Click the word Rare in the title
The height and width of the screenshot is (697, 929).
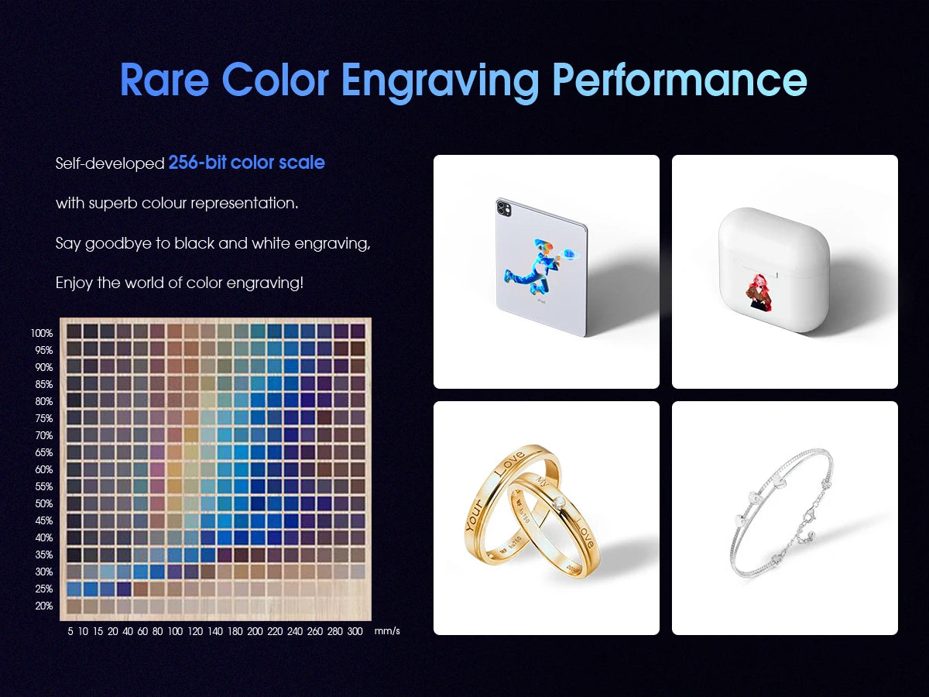pos(164,81)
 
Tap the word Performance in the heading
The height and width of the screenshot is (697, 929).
pos(679,81)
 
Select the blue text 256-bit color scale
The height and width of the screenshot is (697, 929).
pos(246,163)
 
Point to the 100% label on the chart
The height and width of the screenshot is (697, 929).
pos(42,333)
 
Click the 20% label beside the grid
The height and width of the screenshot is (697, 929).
pos(43,606)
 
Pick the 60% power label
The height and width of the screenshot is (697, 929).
pos(43,469)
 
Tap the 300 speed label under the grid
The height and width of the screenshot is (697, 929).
pos(355,632)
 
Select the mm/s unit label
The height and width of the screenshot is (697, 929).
pos(387,632)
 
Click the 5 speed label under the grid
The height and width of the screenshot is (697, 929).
pos(70,632)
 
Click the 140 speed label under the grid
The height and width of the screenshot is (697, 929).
pos(215,632)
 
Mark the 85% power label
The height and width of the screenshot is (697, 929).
pos(43,384)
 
